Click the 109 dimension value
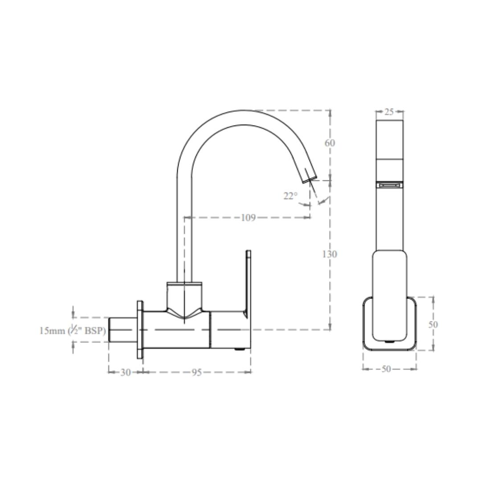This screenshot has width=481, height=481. click(248, 218)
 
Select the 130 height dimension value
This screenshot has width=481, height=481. click(330, 254)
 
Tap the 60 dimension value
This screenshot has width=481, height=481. click(330, 143)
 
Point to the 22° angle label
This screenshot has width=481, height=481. click(290, 196)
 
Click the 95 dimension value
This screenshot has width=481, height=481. click(196, 372)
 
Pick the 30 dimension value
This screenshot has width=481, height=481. click(126, 372)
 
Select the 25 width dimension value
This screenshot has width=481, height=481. click(389, 112)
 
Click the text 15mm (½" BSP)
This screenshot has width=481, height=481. click(73, 330)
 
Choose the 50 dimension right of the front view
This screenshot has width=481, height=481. click(433, 324)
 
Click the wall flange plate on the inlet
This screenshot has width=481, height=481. click(140, 330)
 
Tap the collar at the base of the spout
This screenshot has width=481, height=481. click(184, 285)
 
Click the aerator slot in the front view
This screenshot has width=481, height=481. click(390, 184)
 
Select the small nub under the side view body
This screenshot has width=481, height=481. click(240, 350)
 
